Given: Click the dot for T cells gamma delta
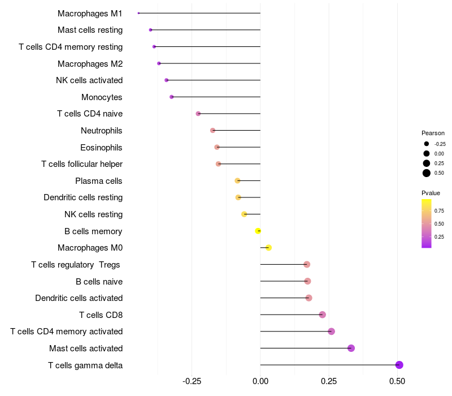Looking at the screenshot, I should point(399,365).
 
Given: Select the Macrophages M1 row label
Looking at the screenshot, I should point(90,13).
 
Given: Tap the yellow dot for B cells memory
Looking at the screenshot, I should point(258,231).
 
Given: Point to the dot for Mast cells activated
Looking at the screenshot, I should point(351,348).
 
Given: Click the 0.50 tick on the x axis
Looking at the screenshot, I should point(397,381).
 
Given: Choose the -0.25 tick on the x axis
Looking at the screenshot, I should point(192,381).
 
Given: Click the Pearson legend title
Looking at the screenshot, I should point(433,133).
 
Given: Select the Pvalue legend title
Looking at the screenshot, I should point(431,193).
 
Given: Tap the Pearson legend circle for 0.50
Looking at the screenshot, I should point(427,173).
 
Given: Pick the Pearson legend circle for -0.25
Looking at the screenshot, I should point(427,144).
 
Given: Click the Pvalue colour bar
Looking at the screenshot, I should point(427,223).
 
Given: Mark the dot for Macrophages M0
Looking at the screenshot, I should point(268,248).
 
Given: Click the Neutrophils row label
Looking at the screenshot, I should point(102,131).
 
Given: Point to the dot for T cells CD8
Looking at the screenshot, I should point(323,315).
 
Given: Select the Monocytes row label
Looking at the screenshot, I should point(102,97).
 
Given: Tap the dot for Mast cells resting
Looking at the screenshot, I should point(150,30).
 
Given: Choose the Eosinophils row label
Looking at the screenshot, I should point(101,148).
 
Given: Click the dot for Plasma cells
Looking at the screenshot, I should point(237,181).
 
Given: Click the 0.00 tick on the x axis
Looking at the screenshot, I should point(260,381).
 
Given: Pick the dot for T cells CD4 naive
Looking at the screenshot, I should point(198,114).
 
